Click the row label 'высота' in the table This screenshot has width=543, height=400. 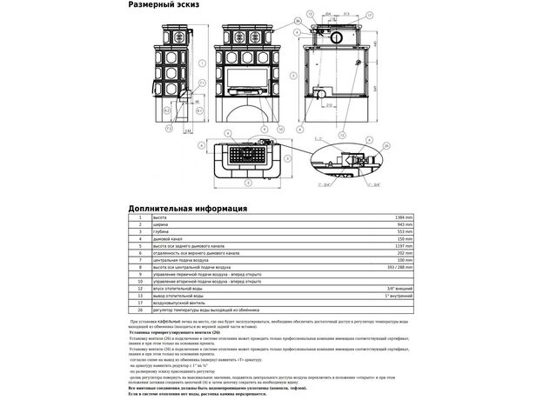point(158,217)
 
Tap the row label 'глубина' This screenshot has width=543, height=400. point(159,232)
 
